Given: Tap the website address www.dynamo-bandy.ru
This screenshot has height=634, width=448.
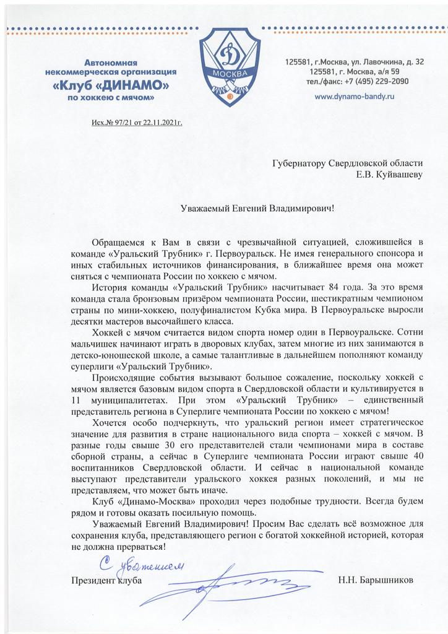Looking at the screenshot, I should click(355, 97).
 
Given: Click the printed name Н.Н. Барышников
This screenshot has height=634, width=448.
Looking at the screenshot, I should click(375, 581).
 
